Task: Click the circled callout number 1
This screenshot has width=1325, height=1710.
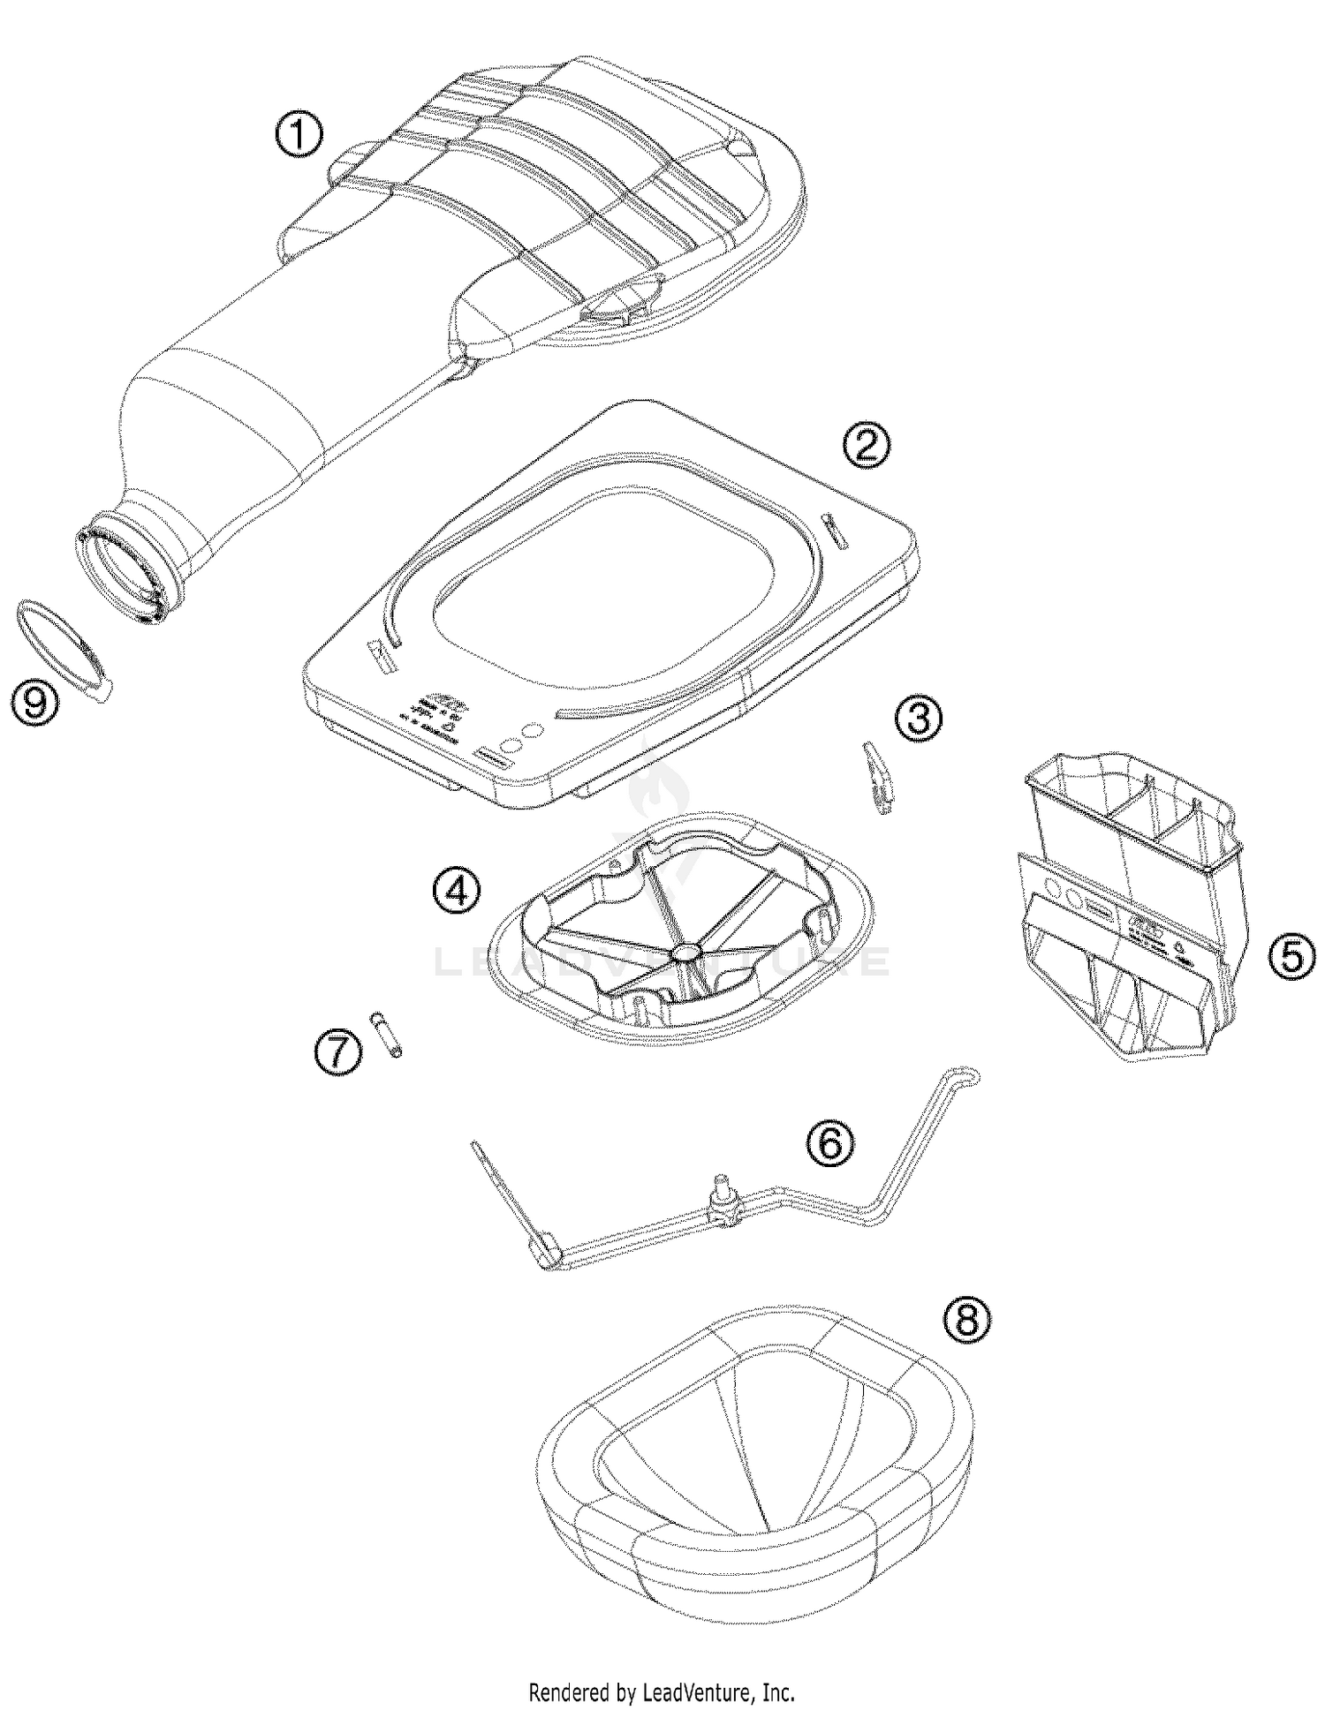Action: tap(299, 137)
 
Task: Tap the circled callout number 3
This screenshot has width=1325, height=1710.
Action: tap(918, 719)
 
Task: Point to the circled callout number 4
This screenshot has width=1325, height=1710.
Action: tap(457, 893)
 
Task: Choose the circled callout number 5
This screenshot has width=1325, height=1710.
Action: tap(1291, 957)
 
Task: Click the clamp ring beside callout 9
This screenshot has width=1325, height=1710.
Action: tap(66, 651)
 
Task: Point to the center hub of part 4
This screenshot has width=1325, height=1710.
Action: tap(685, 953)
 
